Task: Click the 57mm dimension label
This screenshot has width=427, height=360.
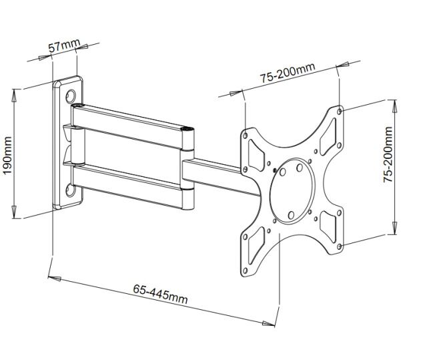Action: pos(65,45)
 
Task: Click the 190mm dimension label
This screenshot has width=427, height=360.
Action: pos(7,156)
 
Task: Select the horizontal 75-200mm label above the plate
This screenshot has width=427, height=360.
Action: pos(288,73)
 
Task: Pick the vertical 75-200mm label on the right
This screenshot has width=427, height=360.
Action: pos(388,154)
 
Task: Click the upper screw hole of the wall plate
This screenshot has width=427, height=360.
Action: pos(70,96)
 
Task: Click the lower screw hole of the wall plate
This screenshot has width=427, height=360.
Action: pos(70,190)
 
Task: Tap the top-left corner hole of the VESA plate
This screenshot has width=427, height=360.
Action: pos(245,136)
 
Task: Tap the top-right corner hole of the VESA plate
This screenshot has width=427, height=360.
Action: pos(340,112)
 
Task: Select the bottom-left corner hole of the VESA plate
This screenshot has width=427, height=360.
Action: pos(245,271)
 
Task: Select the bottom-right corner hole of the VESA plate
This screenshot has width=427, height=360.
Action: pos(340,246)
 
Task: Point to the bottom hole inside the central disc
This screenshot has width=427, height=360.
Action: pos(291,215)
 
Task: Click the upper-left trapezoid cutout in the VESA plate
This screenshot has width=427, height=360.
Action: pos(256,156)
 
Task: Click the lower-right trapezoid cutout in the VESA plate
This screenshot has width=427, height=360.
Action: pos(328,226)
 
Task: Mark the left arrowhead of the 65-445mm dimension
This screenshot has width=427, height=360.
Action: pos(54,279)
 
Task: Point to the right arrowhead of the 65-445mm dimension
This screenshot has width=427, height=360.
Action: pos(268,323)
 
